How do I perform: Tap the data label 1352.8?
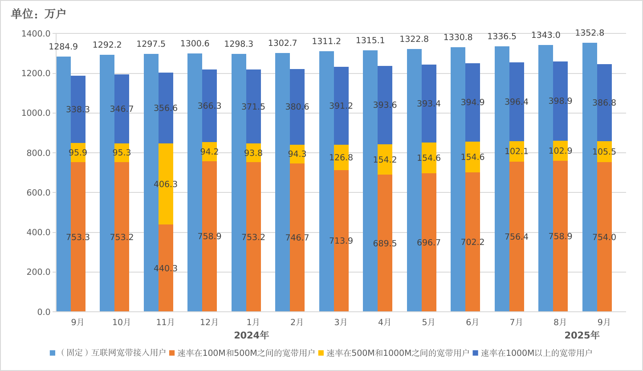[x=590, y=33]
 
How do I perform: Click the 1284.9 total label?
[x=63, y=46]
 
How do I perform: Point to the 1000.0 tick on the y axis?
[x=36, y=113]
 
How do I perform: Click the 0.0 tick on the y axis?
[x=44, y=312]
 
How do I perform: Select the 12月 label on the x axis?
[x=209, y=322]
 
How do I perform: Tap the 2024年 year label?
[x=251, y=335]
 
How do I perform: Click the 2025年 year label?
[x=582, y=335]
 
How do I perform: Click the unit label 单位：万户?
[x=38, y=14]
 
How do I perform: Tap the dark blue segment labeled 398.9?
[x=560, y=101]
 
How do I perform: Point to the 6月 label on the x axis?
[x=472, y=322]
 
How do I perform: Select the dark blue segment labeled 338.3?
[x=78, y=109]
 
